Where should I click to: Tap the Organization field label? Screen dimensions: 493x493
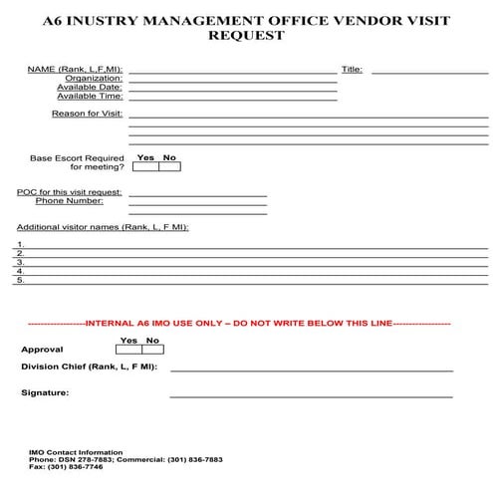[94, 78]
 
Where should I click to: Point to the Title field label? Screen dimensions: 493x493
[352, 70]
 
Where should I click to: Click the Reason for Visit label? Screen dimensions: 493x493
[88, 114]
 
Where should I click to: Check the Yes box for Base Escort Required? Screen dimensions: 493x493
[145, 167]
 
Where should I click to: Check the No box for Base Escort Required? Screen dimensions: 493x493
[169, 167]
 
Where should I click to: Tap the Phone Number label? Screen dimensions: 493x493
[69, 200]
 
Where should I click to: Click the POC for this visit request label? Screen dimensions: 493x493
[70, 191]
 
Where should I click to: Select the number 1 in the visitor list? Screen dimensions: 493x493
[20, 244]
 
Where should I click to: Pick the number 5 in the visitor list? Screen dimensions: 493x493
[20, 280]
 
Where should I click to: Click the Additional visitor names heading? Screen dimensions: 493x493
[102, 227]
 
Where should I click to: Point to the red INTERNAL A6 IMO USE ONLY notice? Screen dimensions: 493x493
[239, 324]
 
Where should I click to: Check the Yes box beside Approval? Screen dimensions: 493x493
[128, 350]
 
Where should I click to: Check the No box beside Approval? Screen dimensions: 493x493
[152, 350]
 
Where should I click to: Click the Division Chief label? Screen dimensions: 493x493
[89, 368]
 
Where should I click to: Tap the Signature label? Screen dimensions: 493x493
[45, 393]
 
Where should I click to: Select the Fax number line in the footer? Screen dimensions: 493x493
[66, 466]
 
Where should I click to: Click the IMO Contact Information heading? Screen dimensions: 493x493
[77, 452]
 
